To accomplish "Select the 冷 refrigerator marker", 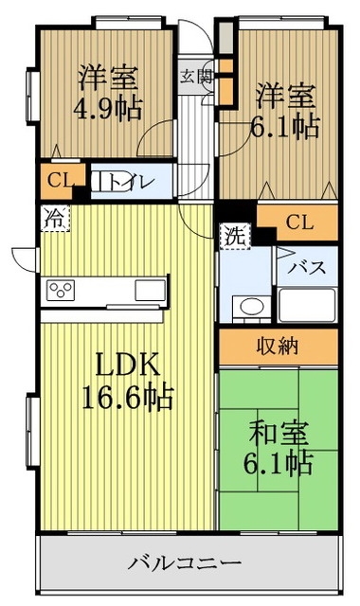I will pyautogui.click(x=55, y=218).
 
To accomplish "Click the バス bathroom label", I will pyautogui.click(x=308, y=267).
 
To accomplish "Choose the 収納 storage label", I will pyautogui.click(x=279, y=347).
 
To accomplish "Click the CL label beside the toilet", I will pyautogui.click(x=54, y=180).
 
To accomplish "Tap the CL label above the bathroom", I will pyautogui.click(x=298, y=223).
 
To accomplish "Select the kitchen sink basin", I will pyautogui.click(x=149, y=288).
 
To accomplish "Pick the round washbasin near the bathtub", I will pyautogui.click(x=251, y=306).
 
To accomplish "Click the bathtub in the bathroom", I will pyautogui.click(x=308, y=306).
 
